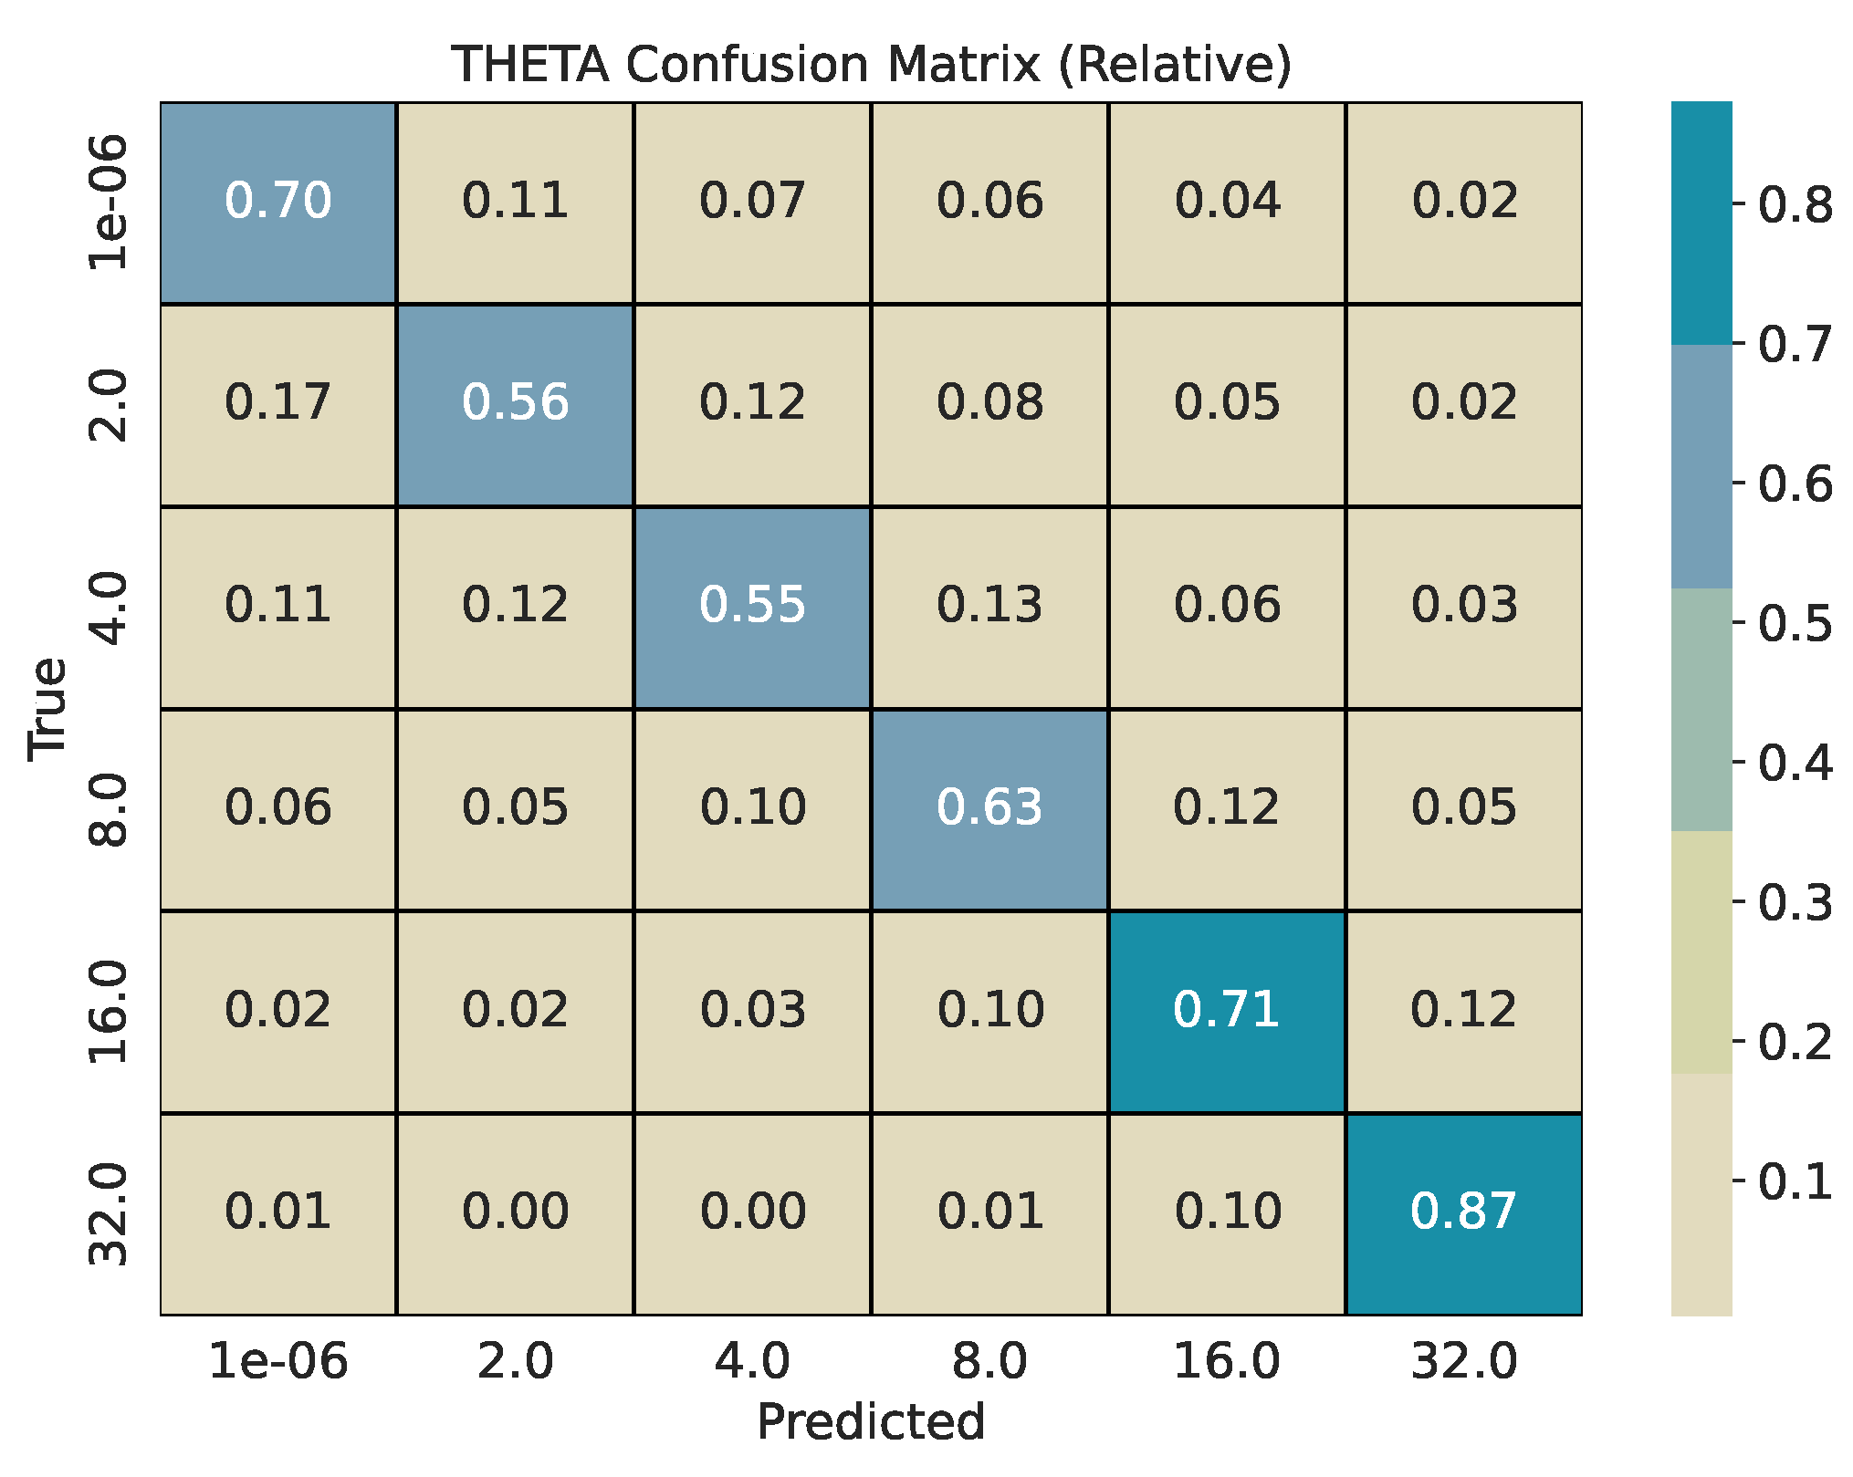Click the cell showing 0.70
click(x=278, y=202)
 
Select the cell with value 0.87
click(x=1463, y=1212)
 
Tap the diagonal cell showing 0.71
click(x=1227, y=1011)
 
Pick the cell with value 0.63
click(x=989, y=808)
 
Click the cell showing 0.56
click(x=515, y=403)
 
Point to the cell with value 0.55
click(x=752, y=606)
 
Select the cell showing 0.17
click(x=278, y=403)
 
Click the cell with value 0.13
click(x=989, y=606)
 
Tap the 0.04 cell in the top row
click(x=1227, y=202)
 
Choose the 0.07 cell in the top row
click(x=752, y=202)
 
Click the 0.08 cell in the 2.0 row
click(x=989, y=403)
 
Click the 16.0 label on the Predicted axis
click(x=1227, y=1362)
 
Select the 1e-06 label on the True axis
click(x=109, y=202)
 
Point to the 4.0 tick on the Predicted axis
click(x=752, y=1362)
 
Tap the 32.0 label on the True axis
click(x=109, y=1214)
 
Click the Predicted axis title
click(x=871, y=1421)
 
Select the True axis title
click(x=47, y=708)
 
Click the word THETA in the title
click(x=530, y=65)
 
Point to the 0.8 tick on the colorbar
click(x=1794, y=205)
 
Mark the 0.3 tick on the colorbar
click(x=1794, y=903)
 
